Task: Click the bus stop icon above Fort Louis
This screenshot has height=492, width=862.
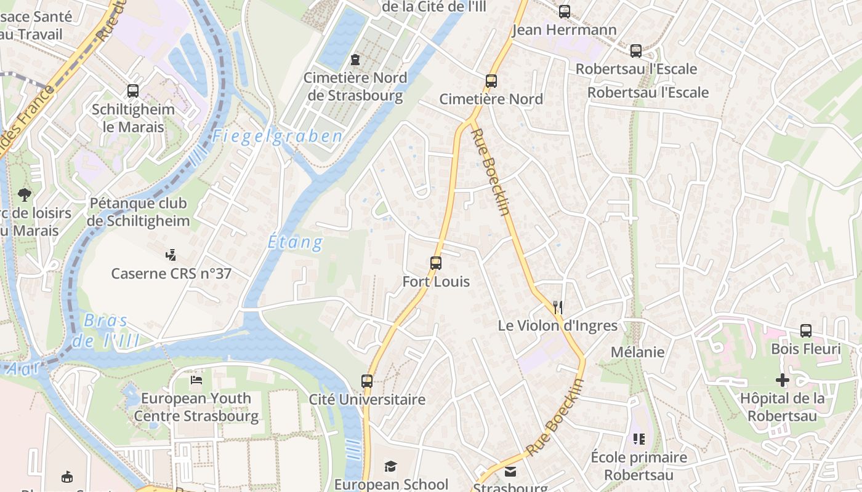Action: (x=436, y=263)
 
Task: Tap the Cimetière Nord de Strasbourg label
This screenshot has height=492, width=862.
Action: (x=355, y=87)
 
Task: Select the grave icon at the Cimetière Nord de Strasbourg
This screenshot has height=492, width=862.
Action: (x=355, y=60)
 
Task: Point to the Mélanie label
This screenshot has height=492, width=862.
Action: (x=637, y=352)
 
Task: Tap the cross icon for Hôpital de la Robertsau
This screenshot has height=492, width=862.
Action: (x=782, y=380)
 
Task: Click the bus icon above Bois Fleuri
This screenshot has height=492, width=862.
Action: (x=805, y=331)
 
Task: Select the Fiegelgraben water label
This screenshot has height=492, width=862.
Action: (x=277, y=137)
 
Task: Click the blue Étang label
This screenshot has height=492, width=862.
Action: (x=296, y=242)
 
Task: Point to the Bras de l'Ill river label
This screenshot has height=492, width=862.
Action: (x=105, y=330)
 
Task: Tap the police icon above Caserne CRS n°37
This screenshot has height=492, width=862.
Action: (x=171, y=255)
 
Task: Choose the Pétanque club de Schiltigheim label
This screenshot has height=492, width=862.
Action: (x=139, y=212)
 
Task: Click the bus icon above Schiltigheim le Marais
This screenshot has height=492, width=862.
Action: (x=133, y=91)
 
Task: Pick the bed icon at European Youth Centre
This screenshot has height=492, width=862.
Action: (x=196, y=380)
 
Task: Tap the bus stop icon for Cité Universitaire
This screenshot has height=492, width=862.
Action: (x=367, y=381)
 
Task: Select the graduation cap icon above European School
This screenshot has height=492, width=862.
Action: (x=390, y=466)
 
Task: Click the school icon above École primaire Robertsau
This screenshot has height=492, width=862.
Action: (x=638, y=439)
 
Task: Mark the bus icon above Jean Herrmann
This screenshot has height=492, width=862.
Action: (x=564, y=11)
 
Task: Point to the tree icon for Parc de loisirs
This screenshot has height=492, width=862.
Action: (x=25, y=195)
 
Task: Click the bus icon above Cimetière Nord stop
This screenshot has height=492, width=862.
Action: (x=491, y=81)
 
